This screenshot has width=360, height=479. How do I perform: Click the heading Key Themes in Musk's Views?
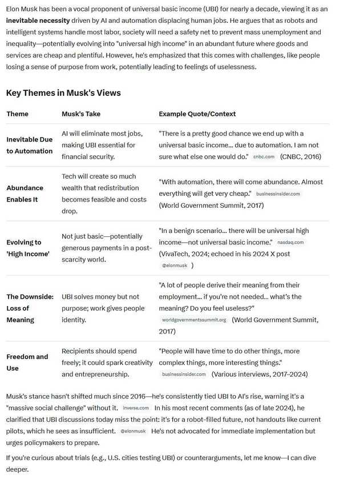[63, 93]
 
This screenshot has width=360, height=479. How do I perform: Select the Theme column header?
[17, 114]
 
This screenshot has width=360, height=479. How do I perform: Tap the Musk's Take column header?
[81, 114]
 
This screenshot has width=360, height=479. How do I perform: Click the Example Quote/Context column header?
[197, 114]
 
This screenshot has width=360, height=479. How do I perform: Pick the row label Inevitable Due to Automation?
[30, 145]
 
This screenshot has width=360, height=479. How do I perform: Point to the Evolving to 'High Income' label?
[28, 248]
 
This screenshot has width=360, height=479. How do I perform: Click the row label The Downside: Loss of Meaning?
[30, 308]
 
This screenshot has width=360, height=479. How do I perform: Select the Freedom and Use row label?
[27, 363]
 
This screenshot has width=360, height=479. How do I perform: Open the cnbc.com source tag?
[264, 156]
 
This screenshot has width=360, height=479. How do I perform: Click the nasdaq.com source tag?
[290, 243]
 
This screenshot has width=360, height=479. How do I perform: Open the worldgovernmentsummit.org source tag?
[194, 320]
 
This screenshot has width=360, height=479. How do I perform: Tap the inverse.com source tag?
[136, 408]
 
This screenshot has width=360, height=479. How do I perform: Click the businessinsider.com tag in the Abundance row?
[278, 194]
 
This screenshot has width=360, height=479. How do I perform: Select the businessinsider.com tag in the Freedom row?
[184, 375]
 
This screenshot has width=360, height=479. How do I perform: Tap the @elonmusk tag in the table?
[175, 266]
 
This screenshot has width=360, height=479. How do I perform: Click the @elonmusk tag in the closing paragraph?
[134, 431]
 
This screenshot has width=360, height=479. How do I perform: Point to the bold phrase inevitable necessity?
[38, 20]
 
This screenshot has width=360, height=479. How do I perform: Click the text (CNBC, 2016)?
[301, 156]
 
